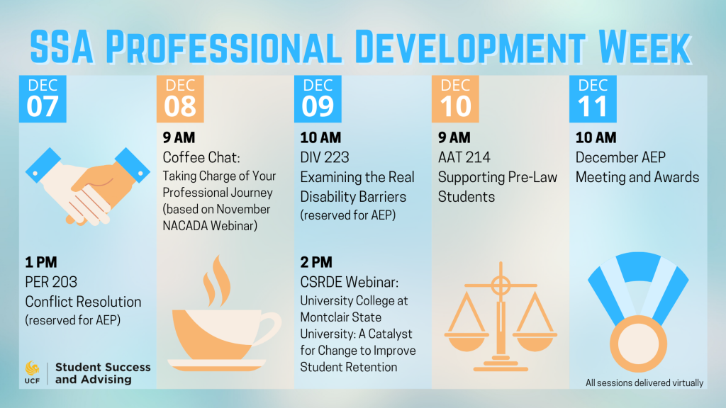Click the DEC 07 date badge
pyautogui.click(x=43, y=99)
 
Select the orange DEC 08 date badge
pyautogui.click(x=180, y=99)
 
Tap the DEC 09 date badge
pyautogui.click(x=318, y=99)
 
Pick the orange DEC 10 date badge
pyautogui.click(x=455, y=99)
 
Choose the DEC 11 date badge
pyautogui.click(x=593, y=99)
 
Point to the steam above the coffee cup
pyautogui.click(x=217, y=280)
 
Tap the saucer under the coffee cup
pyautogui.click(x=217, y=365)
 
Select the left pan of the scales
pyautogui.click(x=467, y=341)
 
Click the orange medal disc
pyautogui.click(x=638, y=344)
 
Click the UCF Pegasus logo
pyautogui.click(x=32, y=368)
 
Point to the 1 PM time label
pyautogui.click(x=41, y=262)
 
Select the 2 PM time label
pyautogui.click(x=316, y=262)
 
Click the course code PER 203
pyautogui.click(x=51, y=282)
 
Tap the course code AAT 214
pyautogui.click(x=464, y=157)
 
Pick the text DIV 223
pyautogui.click(x=325, y=157)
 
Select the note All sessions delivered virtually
pyautogui.click(x=644, y=382)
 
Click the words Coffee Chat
pyautogui.click(x=201, y=157)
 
